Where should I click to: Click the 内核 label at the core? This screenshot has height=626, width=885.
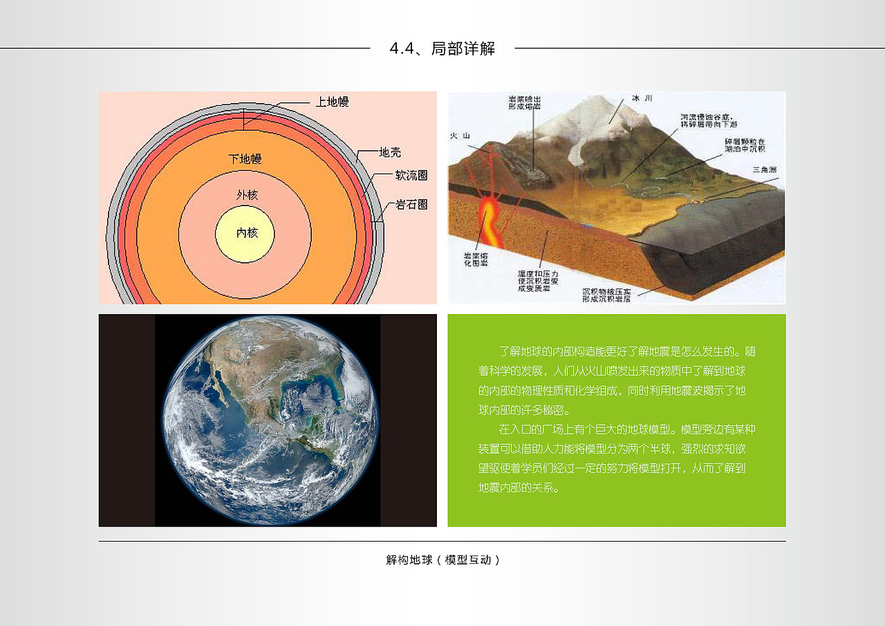click(x=247, y=233)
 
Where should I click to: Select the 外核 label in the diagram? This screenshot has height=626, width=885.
click(x=247, y=196)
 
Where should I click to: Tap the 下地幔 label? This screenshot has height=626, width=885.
click(x=245, y=160)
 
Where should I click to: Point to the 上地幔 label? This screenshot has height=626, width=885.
click(x=332, y=102)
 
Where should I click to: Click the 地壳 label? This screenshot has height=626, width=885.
click(x=390, y=153)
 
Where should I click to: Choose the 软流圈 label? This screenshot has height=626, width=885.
click(x=411, y=176)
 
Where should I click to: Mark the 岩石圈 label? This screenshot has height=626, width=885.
click(x=411, y=205)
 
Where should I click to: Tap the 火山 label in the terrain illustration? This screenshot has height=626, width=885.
click(x=460, y=136)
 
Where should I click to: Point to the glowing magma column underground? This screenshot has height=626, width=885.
click(x=492, y=221)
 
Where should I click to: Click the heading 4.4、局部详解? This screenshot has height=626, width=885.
click(x=442, y=48)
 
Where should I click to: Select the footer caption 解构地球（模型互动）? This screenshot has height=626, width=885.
click(x=442, y=560)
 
